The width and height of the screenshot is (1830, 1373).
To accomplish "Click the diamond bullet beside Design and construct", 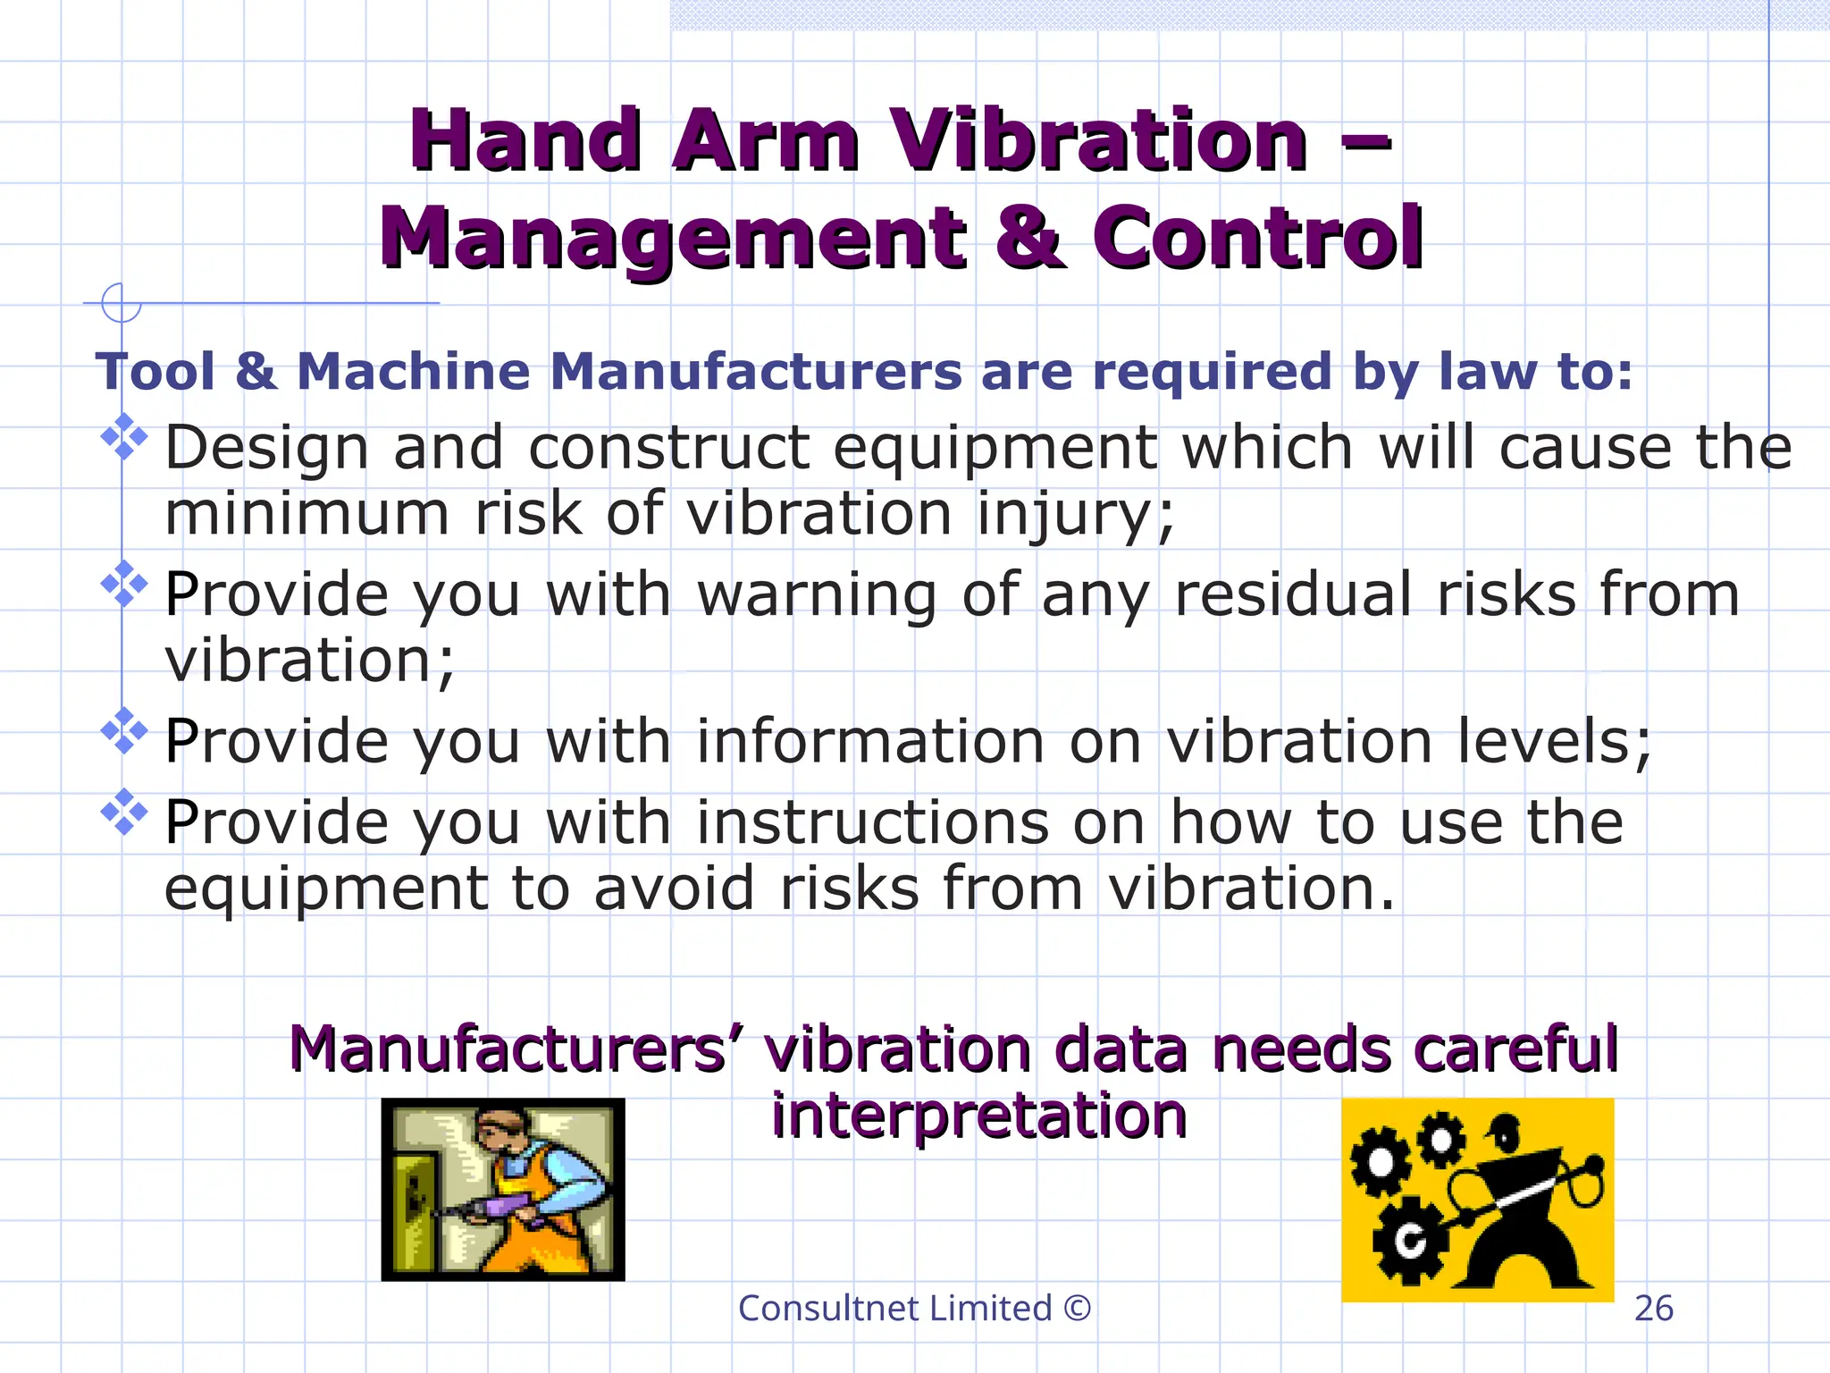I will [124, 437].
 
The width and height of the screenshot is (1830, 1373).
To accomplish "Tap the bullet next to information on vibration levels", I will [124, 731].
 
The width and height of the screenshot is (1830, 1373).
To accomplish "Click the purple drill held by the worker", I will [487, 1209].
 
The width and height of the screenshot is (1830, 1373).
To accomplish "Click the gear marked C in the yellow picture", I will [1410, 1241].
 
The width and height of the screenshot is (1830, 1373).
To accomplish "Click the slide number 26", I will [1653, 1309].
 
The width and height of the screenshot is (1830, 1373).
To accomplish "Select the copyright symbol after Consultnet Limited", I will [1078, 1309].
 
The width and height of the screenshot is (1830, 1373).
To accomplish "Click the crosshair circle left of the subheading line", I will [121, 303].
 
